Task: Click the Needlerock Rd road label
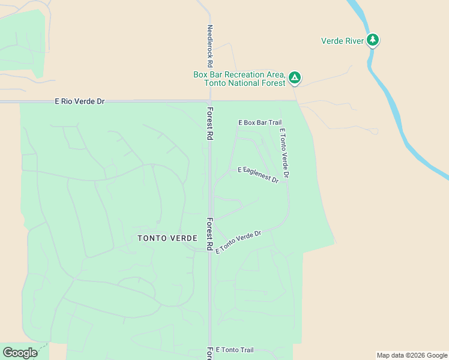[210, 46]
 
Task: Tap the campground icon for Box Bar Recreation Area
[294, 77]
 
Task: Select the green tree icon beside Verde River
[373, 40]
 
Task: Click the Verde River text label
[342, 41]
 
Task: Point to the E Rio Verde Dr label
[80, 101]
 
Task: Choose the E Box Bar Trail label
[260, 122]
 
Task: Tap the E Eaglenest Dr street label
[258, 175]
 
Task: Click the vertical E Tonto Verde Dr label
[284, 153]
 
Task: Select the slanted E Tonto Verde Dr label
[239, 242]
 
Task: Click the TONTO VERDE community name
[167, 238]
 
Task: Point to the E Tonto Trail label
[235, 350]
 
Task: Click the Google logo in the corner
[20, 353]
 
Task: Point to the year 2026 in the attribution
[417, 355]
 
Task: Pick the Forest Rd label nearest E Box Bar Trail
[210, 124]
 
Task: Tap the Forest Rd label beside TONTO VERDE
[210, 233]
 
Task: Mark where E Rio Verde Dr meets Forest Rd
[209, 101]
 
